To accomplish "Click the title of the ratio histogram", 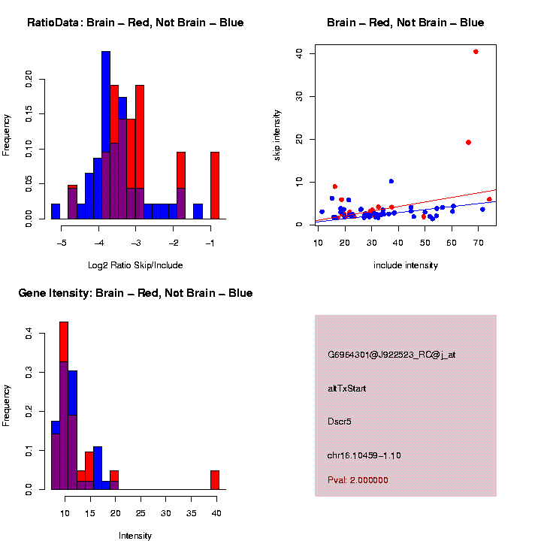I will [x=135, y=23].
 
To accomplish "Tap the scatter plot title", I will [x=405, y=23].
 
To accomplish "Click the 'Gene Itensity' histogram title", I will [x=135, y=292].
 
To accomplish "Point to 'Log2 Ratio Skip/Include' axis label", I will [x=135, y=264].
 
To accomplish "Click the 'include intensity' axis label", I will [x=405, y=264].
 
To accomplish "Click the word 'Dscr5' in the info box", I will [x=340, y=422].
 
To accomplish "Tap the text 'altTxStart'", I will [x=347, y=388].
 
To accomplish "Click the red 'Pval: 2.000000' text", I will [x=358, y=480].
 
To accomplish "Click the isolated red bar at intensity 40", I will [x=215, y=480].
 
